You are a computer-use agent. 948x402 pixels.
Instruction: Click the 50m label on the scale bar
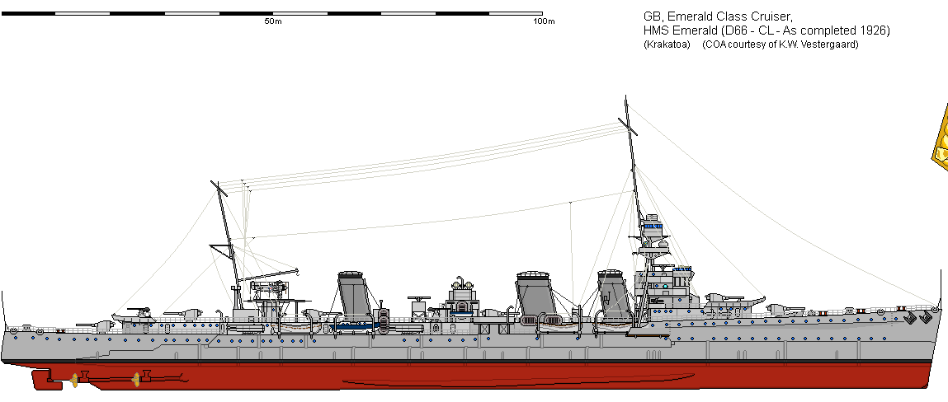tap(272, 21)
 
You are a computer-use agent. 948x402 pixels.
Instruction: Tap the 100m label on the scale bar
tap(544, 21)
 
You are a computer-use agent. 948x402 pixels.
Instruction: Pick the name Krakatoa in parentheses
tap(667, 44)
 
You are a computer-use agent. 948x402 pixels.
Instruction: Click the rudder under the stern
tap(46, 381)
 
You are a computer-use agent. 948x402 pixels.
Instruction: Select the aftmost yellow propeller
tap(75, 380)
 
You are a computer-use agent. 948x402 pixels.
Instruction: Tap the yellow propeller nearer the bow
tap(136, 379)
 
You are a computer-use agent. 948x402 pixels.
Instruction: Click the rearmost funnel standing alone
tap(354, 295)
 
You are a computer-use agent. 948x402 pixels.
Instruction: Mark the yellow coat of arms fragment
tap(941, 135)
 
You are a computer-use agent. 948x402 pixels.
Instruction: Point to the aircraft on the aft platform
tap(268, 288)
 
